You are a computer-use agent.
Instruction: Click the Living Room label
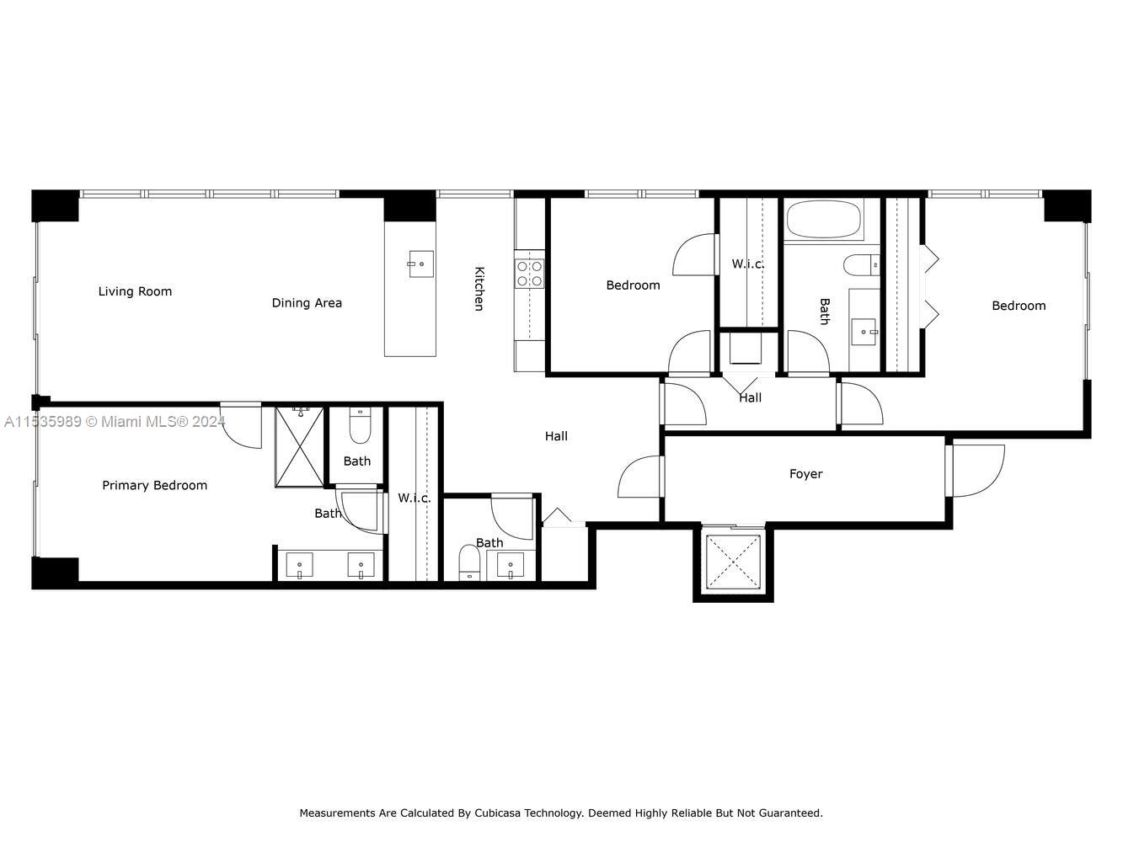point(135,291)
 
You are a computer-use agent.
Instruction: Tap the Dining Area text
point(307,303)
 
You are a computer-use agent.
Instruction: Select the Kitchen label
point(479,288)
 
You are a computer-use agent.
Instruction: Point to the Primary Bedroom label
point(154,485)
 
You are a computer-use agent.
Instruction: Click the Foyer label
point(805,474)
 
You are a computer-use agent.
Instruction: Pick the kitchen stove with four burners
point(530,274)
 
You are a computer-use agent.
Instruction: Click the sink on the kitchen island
point(421,264)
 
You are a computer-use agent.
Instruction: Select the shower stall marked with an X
point(299,447)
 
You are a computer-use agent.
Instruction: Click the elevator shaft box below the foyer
point(733,562)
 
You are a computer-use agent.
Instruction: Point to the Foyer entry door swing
point(978,471)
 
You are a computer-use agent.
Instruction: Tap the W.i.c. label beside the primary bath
point(414,498)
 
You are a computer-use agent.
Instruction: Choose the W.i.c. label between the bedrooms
point(748,264)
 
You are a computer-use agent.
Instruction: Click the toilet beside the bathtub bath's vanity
point(862,265)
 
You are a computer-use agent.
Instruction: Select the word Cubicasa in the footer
point(500,813)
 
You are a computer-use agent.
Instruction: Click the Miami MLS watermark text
point(114,422)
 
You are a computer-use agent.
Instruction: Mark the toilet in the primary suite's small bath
point(361,426)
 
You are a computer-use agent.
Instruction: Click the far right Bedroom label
point(1019,306)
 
